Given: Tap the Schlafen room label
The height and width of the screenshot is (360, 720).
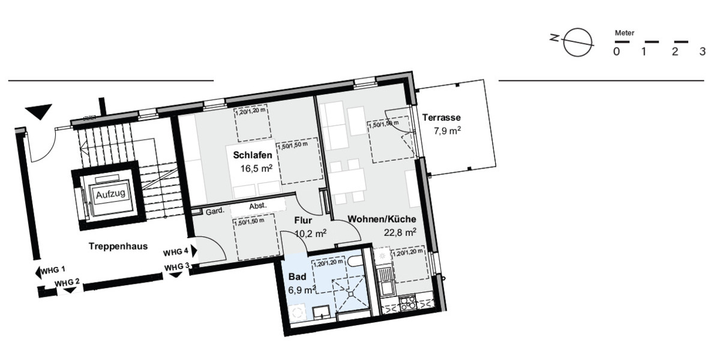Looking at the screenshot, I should pyautogui.click(x=248, y=155).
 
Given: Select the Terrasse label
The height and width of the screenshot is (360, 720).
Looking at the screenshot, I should pyautogui.click(x=441, y=118).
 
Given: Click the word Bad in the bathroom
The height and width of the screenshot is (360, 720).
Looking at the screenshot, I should pyautogui.click(x=297, y=277).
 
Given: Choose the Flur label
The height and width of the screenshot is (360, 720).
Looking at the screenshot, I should pyautogui.click(x=304, y=220).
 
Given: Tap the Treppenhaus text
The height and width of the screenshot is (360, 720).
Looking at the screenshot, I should pyautogui.click(x=118, y=246).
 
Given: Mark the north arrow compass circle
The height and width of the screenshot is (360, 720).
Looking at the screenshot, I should pyautogui.click(x=579, y=42).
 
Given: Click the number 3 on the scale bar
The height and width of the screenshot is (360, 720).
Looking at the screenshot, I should pyautogui.click(x=703, y=52).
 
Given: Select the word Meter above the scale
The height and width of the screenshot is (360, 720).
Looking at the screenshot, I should pyautogui.click(x=625, y=34).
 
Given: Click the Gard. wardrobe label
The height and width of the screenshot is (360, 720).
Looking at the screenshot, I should pyautogui.click(x=215, y=211).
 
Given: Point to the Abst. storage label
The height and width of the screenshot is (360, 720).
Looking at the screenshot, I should pyautogui.click(x=258, y=205).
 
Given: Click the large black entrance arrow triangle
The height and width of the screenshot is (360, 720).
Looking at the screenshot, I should pyautogui.click(x=40, y=112).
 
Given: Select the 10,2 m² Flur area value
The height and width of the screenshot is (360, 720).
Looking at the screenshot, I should pyautogui.click(x=310, y=233).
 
